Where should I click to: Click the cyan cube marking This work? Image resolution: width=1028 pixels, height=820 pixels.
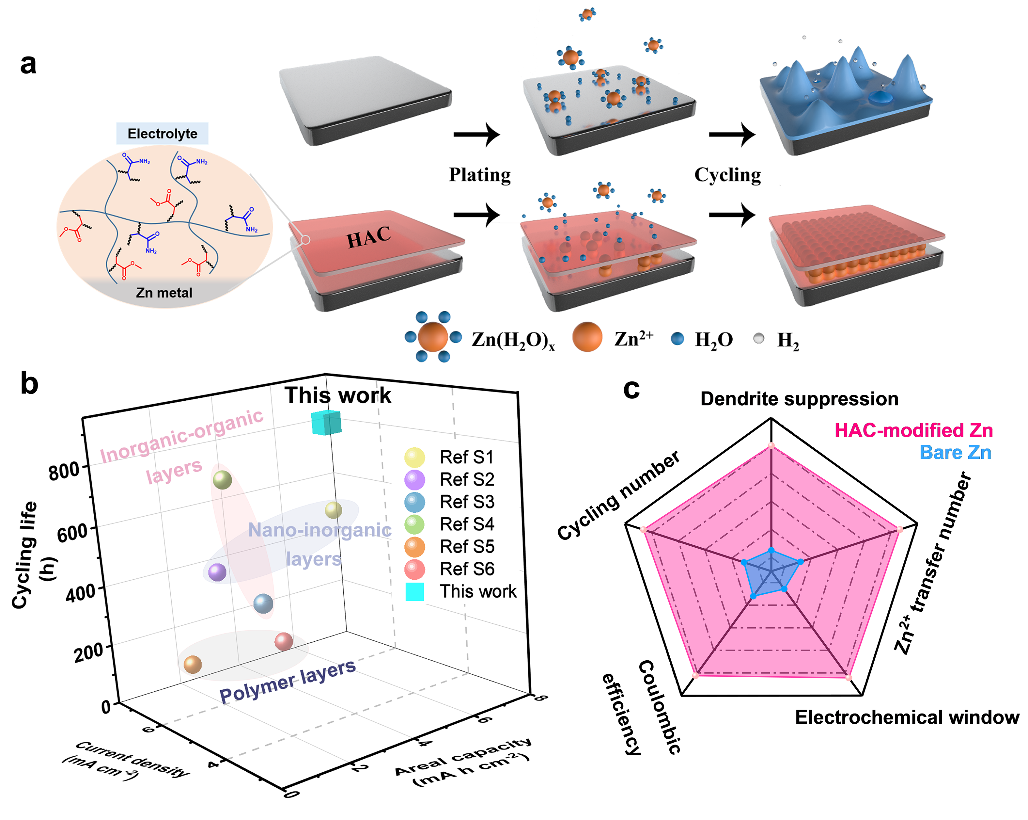(x=326, y=422)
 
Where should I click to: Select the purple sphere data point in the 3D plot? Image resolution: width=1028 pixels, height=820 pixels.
(x=217, y=572)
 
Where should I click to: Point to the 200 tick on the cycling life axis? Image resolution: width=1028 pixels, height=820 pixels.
(x=88, y=651)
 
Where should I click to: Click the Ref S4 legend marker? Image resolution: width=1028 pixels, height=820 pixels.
(x=414, y=524)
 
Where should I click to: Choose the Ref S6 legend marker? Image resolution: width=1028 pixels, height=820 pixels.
(x=414, y=569)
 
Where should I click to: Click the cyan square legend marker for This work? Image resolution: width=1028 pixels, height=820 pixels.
(x=414, y=591)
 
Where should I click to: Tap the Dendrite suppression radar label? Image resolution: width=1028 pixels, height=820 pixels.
(x=799, y=399)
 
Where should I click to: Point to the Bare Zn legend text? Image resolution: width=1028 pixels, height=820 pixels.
(x=955, y=452)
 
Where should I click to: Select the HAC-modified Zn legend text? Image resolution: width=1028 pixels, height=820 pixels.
(x=913, y=430)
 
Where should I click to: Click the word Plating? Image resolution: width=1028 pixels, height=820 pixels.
(x=480, y=175)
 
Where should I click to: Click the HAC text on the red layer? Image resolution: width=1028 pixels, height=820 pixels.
(x=368, y=237)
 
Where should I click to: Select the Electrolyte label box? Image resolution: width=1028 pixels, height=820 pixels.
(x=162, y=134)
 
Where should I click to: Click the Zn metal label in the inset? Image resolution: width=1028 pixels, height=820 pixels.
(x=164, y=292)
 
